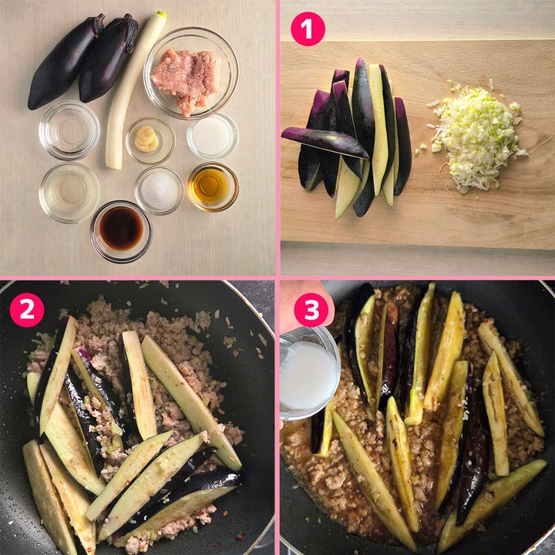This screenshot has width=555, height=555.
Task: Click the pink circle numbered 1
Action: tap(308, 29)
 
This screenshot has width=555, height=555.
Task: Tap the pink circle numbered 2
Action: tap(27, 310)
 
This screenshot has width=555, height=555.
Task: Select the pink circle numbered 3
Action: tap(311, 310)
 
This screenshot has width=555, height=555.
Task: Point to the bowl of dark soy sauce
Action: tap(121, 230)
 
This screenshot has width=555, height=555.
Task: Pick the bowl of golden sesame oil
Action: tap(213, 187)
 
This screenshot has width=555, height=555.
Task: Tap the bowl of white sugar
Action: tap(160, 190)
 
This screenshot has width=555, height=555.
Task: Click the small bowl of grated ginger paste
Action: tap(150, 140)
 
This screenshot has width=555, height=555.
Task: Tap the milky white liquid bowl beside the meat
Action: tap(213, 136)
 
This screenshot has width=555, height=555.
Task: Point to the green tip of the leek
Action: tap(161, 14)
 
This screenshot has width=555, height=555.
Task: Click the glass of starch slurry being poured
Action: tap(308, 373)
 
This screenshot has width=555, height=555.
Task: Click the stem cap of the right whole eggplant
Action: tap(126, 30)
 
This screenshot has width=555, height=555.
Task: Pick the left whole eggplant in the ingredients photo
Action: tap(65, 63)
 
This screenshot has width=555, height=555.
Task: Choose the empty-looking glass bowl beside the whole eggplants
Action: tap(69, 130)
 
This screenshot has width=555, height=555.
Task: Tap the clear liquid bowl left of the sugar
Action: tap(69, 192)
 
